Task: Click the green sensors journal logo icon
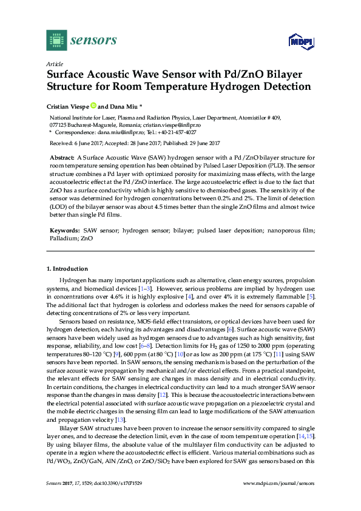pyautogui.click(x=56, y=40)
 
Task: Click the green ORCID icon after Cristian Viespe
pyautogui.click(x=93, y=105)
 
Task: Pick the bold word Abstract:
pyautogui.click(x=62, y=157)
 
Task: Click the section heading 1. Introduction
pyautogui.click(x=67, y=269)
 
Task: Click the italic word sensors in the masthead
pyautogui.click(x=93, y=41)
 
